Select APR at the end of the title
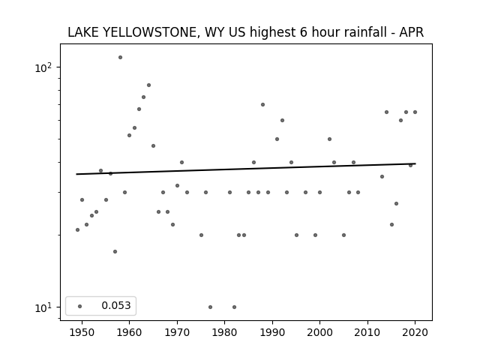coord(412,32)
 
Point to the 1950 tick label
coord(82,332)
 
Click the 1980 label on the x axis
coord(225,332)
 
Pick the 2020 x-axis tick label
coord(415,332)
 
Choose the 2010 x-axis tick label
coord(367,332)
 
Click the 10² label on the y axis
coord(43,67)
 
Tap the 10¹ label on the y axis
coord(43,307)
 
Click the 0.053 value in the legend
coord(116,305)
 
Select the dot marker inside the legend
coord(80,306)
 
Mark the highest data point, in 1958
coord(120,57)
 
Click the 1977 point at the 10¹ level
coord(210,307)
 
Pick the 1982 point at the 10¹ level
coord(234,307)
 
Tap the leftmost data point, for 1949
coord(77,230)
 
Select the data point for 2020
coord(415,112)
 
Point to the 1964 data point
coord(148,85)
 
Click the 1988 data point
coord(262,105)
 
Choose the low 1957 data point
coord(115,252)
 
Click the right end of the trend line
coord(415,163)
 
